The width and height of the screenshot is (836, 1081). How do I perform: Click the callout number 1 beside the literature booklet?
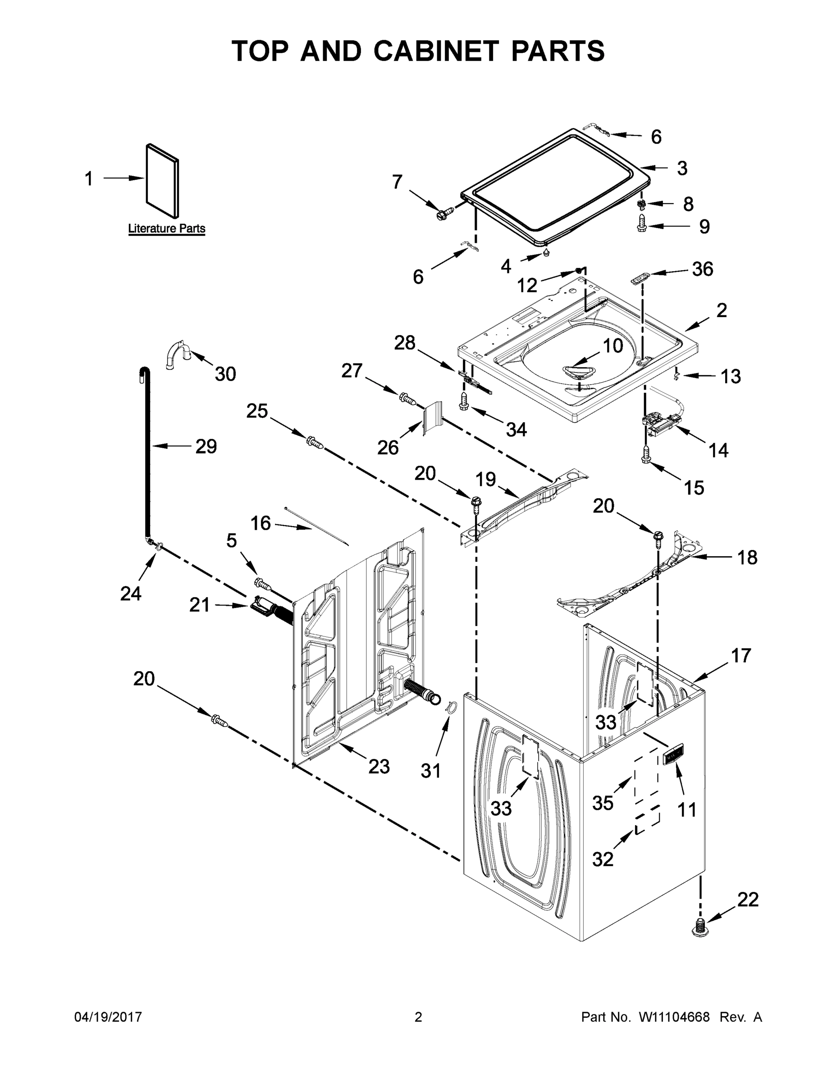click(x=89, y=179)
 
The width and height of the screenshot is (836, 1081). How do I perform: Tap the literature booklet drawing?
click(x=162, y=181)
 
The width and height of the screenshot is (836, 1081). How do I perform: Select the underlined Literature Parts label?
click(x=166, y=229)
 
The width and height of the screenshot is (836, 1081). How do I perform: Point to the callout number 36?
click(x=702, y=269)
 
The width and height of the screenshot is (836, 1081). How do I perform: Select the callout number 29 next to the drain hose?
click(x=206, y=446)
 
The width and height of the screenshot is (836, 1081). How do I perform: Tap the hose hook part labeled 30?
click(x=177, y=354)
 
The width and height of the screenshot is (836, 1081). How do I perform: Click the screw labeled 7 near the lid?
click(x=441, y=215)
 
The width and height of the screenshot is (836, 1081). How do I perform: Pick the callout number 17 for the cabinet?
click(x=741, y=656)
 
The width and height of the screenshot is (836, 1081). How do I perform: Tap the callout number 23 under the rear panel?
click(x=379, y=767)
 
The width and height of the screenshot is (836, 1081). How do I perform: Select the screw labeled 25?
click(x=315, y=441)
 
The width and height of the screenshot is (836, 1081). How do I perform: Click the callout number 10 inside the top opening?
click(x=612, y=345)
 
